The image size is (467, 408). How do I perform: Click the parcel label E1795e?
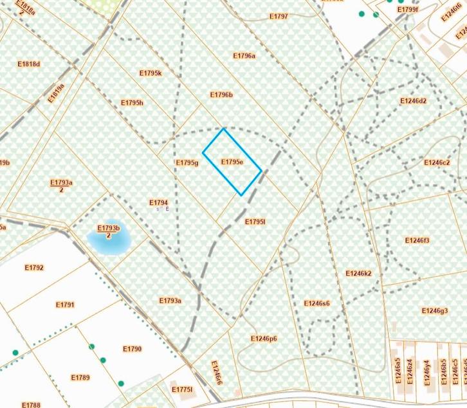coord(232,162)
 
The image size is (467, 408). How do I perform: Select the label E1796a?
coord(244,56)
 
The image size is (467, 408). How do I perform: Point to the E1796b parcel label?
coord(221,95)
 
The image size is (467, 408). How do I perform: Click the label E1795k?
coord(151,73)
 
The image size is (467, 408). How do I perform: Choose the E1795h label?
coord(132,103)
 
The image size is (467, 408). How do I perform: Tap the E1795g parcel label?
coord(187,163)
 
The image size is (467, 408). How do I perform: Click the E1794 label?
coord(158,202)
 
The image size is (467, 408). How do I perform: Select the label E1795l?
coord(255,221)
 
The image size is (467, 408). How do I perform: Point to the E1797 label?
coord(279,16)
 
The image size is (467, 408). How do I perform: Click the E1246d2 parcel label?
coord(413,101)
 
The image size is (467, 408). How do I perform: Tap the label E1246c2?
coord(437,163)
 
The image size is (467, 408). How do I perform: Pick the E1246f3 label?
coord(417,240)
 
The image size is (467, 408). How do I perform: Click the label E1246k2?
coord(359,273)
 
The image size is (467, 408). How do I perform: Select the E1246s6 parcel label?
coord(317,303)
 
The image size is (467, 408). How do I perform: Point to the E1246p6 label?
coord(264,339)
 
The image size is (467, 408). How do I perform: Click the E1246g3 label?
coord(435,311)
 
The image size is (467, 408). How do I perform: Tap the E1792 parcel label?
coord(34,267)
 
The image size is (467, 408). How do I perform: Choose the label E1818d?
coord(29,64)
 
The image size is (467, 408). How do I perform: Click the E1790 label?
coord(132,349)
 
